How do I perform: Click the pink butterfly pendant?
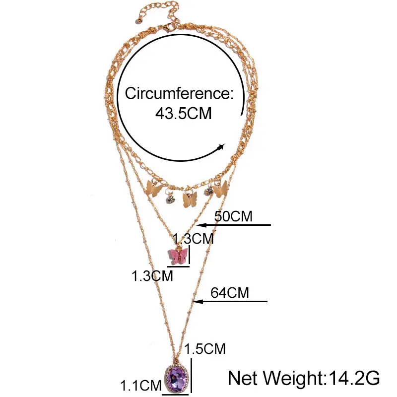[178, 256]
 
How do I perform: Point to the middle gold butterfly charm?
[188, 200]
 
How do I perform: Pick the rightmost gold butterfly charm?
[221, 188]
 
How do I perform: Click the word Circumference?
[179, 93]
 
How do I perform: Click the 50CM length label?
[233, 216]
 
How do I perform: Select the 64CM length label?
[230, 293]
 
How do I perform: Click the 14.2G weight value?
[353, 379]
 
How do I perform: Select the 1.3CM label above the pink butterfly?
[195, 239]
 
